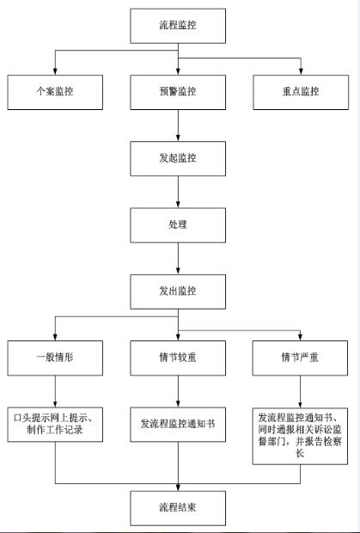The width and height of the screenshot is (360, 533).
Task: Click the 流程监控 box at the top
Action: tap(178, 26)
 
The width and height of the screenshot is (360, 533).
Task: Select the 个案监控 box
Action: tap(55, 92)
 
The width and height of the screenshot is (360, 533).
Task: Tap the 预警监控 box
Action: tap(178, 92)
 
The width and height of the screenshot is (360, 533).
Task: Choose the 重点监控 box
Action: tap(301, 92)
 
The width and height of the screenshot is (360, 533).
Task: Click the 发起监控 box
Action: tap(178, 159)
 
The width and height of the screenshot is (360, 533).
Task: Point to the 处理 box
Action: tap(178, 225)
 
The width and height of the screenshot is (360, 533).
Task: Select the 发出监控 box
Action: tap(178, 291)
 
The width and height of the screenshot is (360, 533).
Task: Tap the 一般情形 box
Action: tap(55, 358)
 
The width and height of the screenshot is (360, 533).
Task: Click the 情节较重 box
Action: tap(178, 358)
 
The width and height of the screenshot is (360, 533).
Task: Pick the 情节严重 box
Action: tap(300, 358)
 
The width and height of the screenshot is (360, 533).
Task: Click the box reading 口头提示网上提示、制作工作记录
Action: tap(55, 425)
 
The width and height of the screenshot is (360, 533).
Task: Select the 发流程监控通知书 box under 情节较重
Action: tap(178, 425)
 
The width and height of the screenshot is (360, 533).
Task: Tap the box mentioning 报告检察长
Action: tap(300, 436)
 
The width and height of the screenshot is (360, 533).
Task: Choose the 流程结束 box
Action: tap(178, 508)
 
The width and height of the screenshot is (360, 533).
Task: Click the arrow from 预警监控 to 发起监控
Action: tap(178, 126)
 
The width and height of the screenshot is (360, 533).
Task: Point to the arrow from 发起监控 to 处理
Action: tap(178, 192)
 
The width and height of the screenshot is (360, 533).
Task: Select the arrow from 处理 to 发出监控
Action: tap(178, 259)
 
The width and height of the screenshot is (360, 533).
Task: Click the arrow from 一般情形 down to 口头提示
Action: tap(55, 391)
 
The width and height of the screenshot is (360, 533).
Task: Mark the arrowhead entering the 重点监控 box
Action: tap(301, 71)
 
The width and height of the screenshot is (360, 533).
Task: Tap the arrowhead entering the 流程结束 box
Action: tap(178, 487)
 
